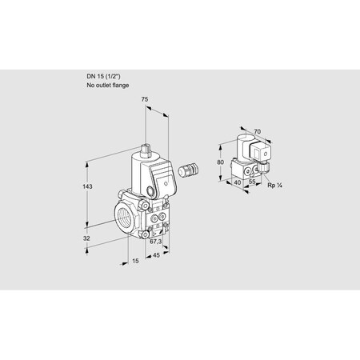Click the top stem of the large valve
pos(147,150)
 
